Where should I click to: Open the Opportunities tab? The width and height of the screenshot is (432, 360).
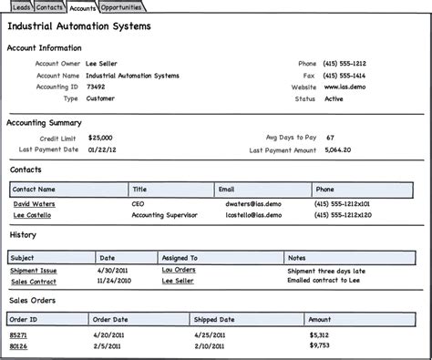(120, 7)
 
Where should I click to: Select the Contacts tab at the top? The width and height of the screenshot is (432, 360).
(49, 7)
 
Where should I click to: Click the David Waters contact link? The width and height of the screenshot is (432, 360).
(34, 204)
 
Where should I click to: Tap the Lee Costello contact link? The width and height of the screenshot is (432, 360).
(32, 215)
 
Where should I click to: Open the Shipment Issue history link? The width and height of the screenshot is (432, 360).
(33, 271)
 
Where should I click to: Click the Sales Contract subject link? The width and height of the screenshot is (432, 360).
(32, 282)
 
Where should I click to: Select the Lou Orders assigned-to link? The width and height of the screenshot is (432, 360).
(179, 271)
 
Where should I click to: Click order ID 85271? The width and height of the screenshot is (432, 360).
(18, 334)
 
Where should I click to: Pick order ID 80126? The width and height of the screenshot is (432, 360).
(18, 345)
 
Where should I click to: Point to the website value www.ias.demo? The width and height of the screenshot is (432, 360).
(343, 87)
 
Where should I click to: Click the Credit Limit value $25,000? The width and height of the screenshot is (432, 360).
(101, 137)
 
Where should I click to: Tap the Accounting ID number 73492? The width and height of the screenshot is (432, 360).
(96, 87)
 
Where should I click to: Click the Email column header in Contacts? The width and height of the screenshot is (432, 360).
(228, 190)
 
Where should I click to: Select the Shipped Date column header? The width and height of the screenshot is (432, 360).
(215, 320)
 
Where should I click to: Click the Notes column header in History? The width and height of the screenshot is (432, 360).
(297, 258)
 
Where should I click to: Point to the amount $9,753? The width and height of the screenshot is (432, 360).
(319, 345)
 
